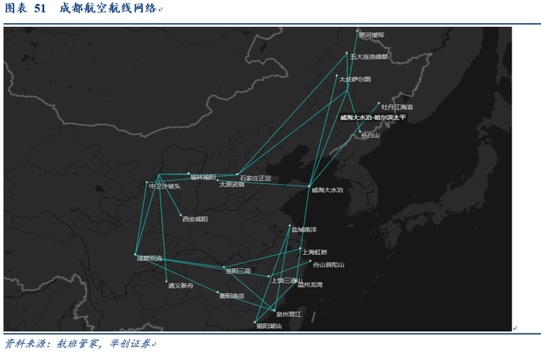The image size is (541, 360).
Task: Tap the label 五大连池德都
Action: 369,56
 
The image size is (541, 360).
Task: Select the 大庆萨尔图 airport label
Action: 356,79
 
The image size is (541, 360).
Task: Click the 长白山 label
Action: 371,135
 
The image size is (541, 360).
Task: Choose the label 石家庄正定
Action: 255,178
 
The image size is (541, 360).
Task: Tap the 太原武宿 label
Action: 232,185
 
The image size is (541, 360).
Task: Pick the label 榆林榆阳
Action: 203,177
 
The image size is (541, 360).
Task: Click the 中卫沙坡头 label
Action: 165,186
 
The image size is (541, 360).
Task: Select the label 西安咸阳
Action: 195,219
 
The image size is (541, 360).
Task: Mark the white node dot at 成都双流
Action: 135,255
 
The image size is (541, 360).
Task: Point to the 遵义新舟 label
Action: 181,285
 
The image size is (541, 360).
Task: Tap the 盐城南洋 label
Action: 304,229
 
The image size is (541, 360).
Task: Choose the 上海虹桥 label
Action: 315,252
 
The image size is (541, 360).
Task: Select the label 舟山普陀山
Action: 328,264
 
